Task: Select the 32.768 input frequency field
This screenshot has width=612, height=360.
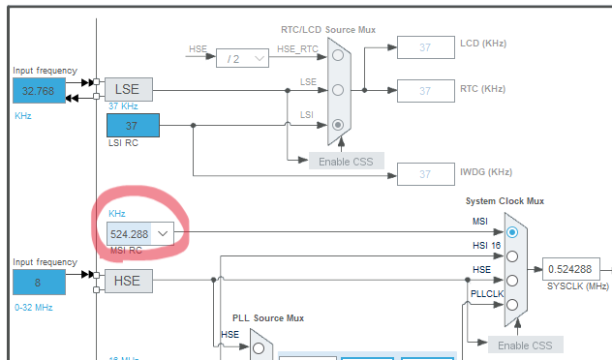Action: pos(39,91)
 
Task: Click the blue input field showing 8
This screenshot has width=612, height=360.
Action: pos(39,282)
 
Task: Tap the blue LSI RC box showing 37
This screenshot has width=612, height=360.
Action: pos(133,125)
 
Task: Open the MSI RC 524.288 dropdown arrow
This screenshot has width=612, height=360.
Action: pos(163,233)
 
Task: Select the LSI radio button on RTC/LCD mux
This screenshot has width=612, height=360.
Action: pos(338,125)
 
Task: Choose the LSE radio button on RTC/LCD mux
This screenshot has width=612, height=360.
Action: pos(338,90)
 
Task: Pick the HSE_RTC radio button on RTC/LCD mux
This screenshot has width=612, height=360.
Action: pos(338,55)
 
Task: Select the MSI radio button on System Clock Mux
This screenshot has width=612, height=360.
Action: pos(512,232)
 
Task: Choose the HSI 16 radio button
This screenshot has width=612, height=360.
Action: pos(512,256)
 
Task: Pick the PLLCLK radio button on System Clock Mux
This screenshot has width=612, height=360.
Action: pos(512,305)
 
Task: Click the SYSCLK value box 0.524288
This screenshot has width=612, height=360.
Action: pos(571,269)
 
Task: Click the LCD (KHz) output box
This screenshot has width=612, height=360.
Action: pos(426,47)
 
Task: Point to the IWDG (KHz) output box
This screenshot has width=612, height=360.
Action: pos(426,174)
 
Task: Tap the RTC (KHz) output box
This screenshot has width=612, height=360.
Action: pos(426,91)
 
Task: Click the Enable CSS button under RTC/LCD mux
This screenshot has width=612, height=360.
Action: pos(347,161)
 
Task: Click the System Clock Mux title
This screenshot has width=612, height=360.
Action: pos(505,201)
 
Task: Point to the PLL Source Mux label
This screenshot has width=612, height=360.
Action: pos(268,318)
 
